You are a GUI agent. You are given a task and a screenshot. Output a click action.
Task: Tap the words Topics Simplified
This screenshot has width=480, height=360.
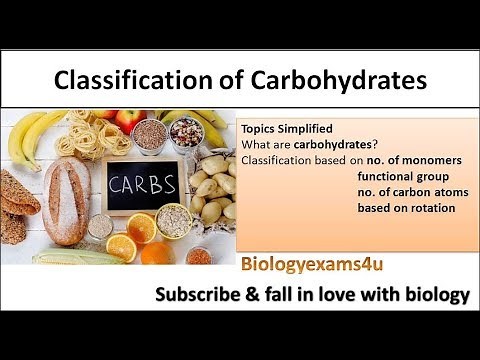click(282, 129)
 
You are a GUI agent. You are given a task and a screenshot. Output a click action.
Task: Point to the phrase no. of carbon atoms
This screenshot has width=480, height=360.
click(406, 191)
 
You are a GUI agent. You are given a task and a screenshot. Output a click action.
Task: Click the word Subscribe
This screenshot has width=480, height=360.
click(194, 295)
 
